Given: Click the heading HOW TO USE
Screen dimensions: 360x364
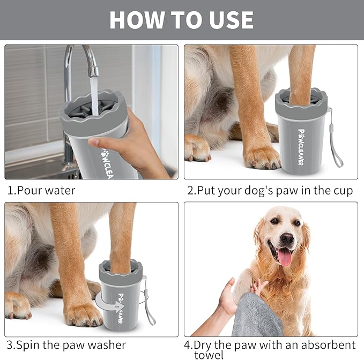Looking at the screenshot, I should pyautogui.click(x=181, y=20).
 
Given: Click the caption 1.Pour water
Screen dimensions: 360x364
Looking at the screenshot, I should pyautogui.click(x=41, y=190).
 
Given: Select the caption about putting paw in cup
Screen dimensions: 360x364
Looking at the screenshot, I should pyautogui.click(x=270, y=191).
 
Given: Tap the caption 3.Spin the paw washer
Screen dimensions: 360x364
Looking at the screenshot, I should pyautogui.click(x=66, y=345).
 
